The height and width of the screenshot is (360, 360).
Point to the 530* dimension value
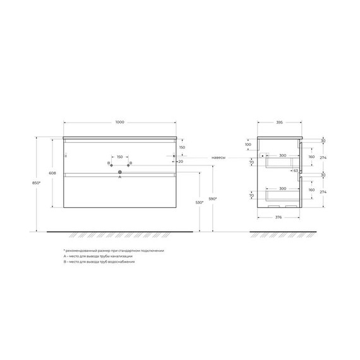(x=200, y=203)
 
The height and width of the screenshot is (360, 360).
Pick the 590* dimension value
(x=213, y=200)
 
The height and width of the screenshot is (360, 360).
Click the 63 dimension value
(x=294, y=170)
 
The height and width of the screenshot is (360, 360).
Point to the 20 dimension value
(x=181, y=161)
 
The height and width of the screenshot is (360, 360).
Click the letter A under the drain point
(x=119, y=177)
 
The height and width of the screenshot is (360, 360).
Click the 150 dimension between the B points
(x=119, y=157)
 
